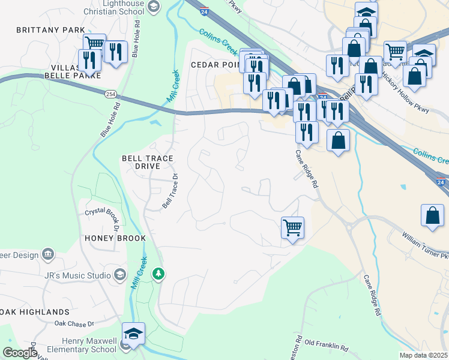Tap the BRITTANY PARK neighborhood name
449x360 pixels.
point(51,29)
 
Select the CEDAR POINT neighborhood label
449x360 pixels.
point(214,64)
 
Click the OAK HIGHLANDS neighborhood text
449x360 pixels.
point(35,312)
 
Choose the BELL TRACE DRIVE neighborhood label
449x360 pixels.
point(147,162)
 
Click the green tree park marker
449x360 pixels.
point(158,274)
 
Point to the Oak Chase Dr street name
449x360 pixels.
point(74,323)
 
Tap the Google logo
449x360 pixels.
point(20,353)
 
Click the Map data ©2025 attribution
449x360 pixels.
point(423,355)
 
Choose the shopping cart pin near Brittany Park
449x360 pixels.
point(94,43)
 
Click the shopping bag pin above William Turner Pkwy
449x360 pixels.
point(432,215)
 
